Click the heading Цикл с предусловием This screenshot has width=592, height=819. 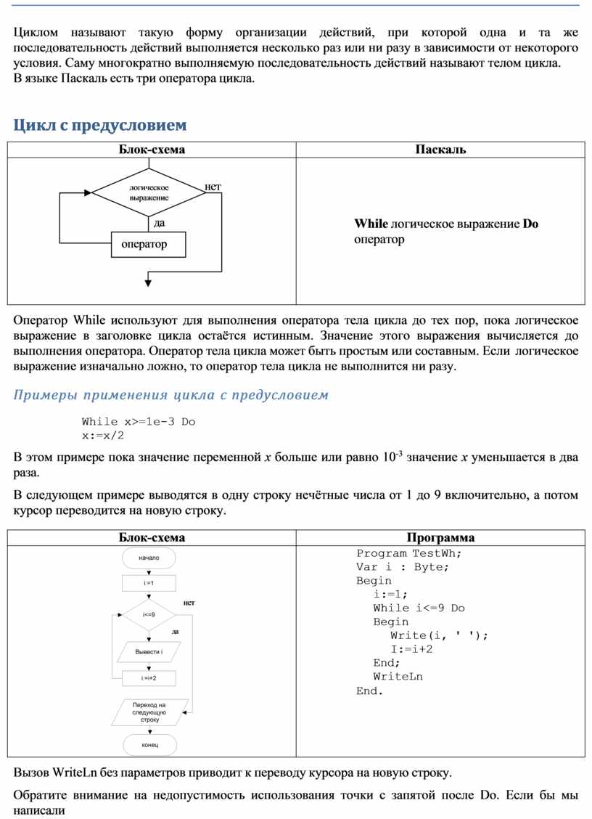tap(100, 126)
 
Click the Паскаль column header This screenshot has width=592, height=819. tap(440, 150)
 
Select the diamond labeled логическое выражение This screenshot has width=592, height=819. tap(149, 192)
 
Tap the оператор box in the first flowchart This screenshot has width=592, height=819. tap(149, 244)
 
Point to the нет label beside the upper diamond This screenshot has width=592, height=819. tap(213, 187)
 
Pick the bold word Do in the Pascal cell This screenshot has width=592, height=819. tap(530, 224)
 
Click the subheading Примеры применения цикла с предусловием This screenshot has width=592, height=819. tap(171, 395)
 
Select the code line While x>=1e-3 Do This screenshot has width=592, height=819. tap(139, 422)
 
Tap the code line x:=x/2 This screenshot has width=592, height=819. tap(103, 436)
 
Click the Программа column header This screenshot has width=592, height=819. tap(440, 538)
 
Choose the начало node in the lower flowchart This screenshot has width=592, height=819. tap(149, 558)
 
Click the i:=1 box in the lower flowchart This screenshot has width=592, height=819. tap(149, 583)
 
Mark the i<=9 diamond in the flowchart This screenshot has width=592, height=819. tap(149, 615)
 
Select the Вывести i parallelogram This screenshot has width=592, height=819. tap(149, 652)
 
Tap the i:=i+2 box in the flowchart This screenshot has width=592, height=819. tap(149, 678)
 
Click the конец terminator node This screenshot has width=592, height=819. tap(149, 746)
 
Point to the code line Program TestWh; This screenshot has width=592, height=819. tap(408, 553)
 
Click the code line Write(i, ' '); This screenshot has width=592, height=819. tap(440, 635)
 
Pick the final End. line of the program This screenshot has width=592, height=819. tap(369, 690)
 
